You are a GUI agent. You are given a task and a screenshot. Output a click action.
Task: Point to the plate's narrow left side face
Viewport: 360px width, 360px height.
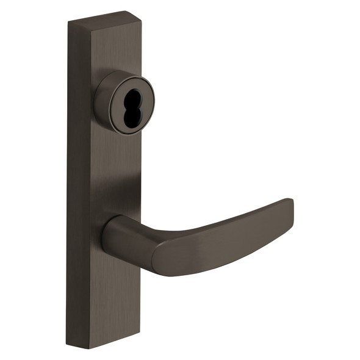[78, 183]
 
